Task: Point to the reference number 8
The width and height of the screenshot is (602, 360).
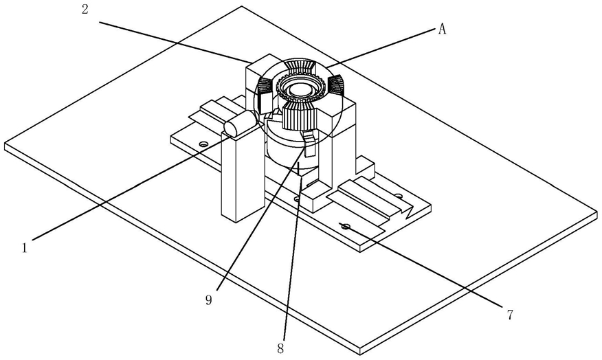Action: click(x=280, y=348)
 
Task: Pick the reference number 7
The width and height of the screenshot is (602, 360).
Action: click(x=510, y=315)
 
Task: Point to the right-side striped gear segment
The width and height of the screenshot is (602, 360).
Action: click(x=335, y=85)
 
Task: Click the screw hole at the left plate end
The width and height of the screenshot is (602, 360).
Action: click(x=203, y=143)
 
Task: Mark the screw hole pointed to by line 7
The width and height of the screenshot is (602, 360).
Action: click(x=346, y=226)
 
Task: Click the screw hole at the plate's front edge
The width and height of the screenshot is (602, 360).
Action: click(x=297, y=199)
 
